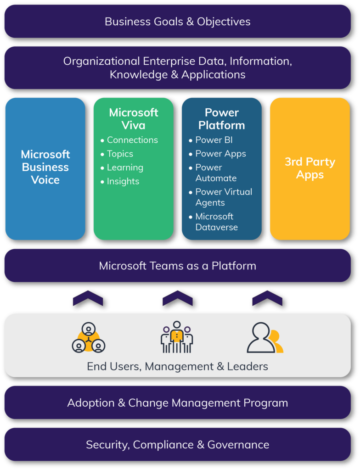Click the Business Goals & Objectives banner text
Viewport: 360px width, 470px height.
(177, 22)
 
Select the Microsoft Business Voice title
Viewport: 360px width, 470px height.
(45, 167)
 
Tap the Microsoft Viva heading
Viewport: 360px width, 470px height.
(133, 119)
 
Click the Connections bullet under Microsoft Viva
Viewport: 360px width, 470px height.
(132, 140)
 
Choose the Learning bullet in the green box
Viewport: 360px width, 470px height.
(124, 168)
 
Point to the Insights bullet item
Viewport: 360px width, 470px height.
(123, 181)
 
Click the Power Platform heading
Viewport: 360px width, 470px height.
(221, 119)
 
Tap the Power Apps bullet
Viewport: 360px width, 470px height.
(220, 154)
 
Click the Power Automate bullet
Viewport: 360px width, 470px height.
(216, 173)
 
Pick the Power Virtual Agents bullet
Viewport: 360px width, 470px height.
(224, 197)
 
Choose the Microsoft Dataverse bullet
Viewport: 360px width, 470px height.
(216, 222)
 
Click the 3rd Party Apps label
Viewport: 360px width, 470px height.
(309, 168)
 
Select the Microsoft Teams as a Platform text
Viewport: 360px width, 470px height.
(177, 266)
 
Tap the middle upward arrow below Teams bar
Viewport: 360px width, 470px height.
(177, 298)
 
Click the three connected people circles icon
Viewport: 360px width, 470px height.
(89, 338)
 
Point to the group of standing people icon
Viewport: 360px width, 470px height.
(177, 337)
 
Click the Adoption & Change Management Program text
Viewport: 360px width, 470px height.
(177, 403)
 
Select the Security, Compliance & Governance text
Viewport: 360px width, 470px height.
(177, 445)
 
